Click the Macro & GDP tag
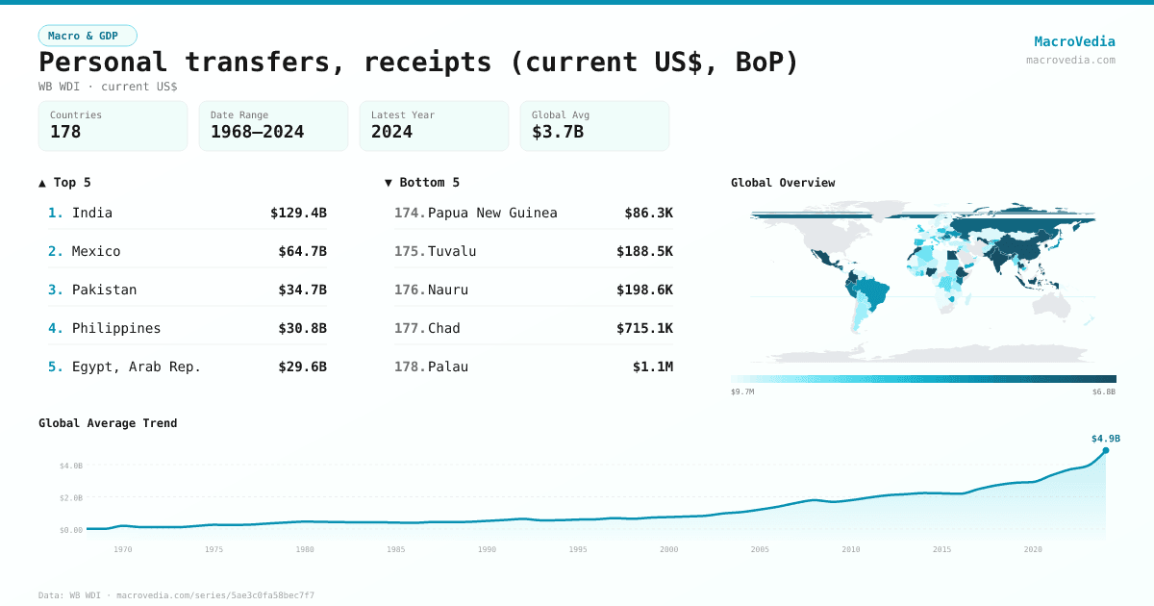click(88, 36)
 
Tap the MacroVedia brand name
click(1074, 41)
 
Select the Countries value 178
click(65, 132)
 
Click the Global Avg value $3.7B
click(558, 132)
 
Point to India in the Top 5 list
click(92, 213)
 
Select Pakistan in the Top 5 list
click(104, 290)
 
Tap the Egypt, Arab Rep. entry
click(137, 366)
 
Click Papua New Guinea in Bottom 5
click(492, 213)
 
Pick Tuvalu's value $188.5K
click(644, 251)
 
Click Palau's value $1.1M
click(652, 366)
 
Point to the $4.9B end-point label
click(1105, 439)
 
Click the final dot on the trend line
click(1106, 450)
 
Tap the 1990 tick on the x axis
click(487, 549)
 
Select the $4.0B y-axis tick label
click(71, 466)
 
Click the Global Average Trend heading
click(108, 423)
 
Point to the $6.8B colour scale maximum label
click(1104, 392)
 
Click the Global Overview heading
click(783, 183)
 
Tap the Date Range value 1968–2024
click(257, 132)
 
